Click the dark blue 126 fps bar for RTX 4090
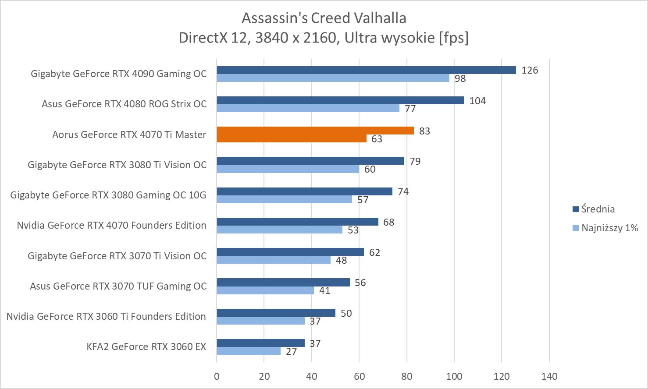(x=366, y=70)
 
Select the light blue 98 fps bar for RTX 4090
(x=333, y=78)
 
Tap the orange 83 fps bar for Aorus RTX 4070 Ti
(x=315, y=131)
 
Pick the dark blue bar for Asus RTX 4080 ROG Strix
(x=340, y=100)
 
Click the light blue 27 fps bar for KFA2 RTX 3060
(x=249, y=351)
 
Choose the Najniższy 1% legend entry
(x=605, y=228)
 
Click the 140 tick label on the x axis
(x=549, y=376)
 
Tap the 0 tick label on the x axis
(x=217, y=376)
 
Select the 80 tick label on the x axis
(x=407, y=376)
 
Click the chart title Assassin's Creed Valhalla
(x=324, y=18)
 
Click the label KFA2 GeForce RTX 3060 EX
(x=146, y=347)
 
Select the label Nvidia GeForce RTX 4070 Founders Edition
(x=111, y=225)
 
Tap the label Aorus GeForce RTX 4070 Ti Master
(x=129, y=134)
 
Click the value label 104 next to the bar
(x=477, y=101)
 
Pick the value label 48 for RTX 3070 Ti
(x=341, y=260)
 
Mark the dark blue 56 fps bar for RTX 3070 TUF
(x=283, y=282)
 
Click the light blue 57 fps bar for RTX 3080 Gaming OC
(x=284, y=199)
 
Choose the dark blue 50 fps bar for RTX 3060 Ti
(x=276, y=313)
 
